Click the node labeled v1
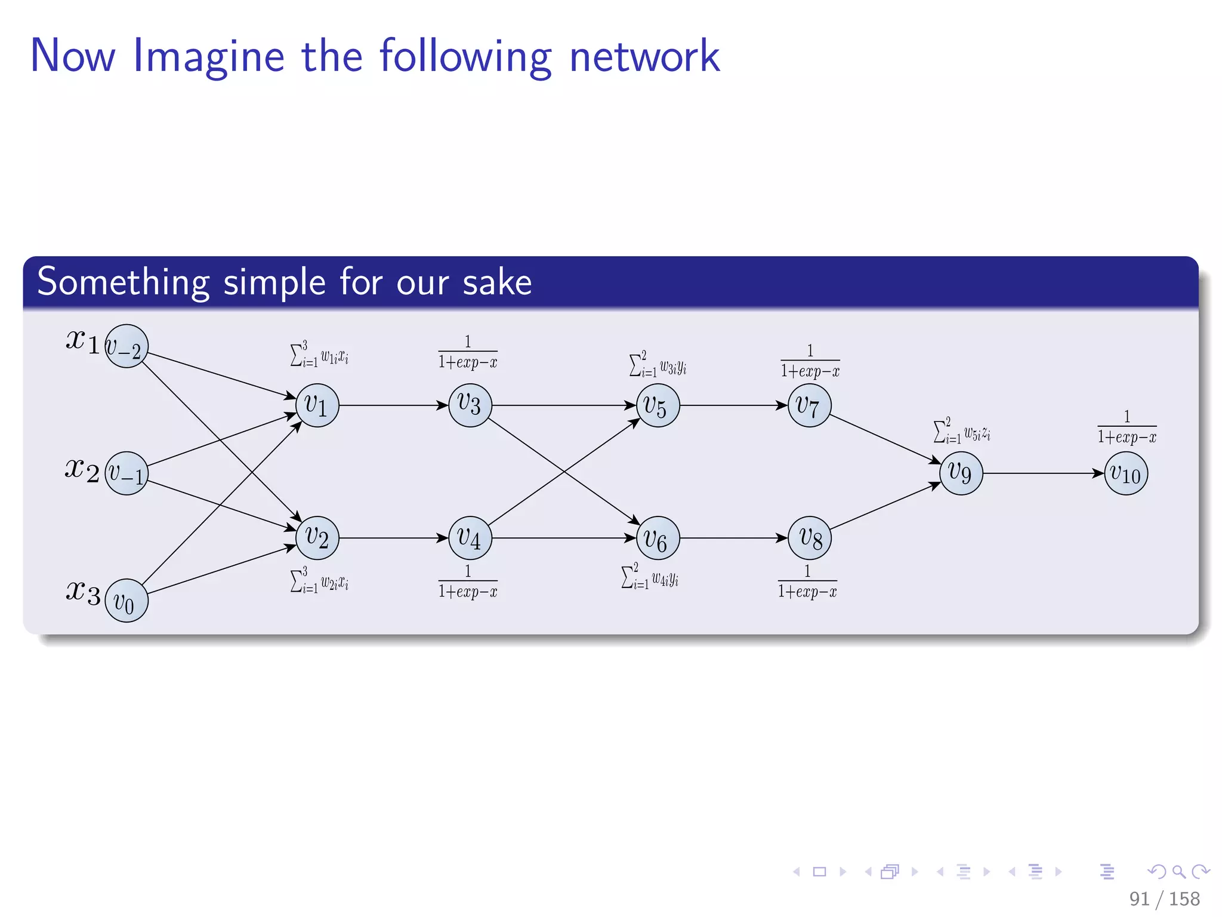point(317,405)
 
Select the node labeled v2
point(317,538)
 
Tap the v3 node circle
point(470,405)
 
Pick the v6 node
point(658,538)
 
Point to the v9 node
point(961,473)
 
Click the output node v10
point(1126,473)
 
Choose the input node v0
point(126,601)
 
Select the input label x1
point(82,341)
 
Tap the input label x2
point(82,469)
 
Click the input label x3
point(82,593)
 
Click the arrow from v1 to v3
point(394,405)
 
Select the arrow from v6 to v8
point(734,538)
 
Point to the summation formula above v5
point(658,364)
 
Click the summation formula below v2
point(319,580)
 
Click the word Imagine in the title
point(208,57)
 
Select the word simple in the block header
point(274,282)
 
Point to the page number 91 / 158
point(1164,898)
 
